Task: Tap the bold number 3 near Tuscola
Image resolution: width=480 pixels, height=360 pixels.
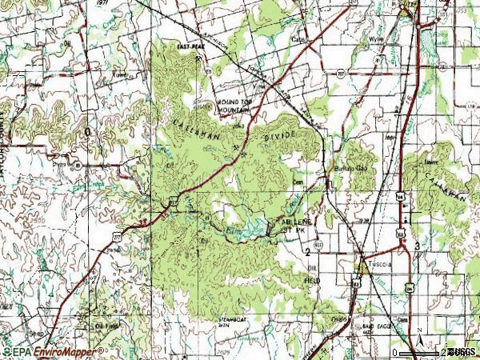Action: [416, 244]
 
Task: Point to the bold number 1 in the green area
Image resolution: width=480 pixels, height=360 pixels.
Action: [196, 252]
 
